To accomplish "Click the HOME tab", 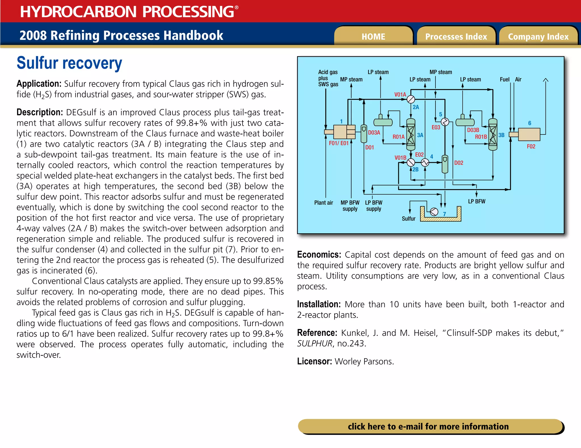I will pyautogui.click(x=373, y=37).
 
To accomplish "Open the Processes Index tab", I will pyautogui.click(x=456, y=37).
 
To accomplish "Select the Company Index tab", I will pyautogui.click(x=538, y=37).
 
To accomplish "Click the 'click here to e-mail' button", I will pyautogui.click(x=428, y=426).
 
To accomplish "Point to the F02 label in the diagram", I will pyautogui.click(x=531, y=146).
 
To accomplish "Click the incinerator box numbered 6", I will pyautogui.click(x=529, y=135).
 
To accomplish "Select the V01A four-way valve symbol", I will pyautogui.click(x=411, y=99).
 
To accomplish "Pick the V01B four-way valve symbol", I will pyautogui.click(x=411, y=162).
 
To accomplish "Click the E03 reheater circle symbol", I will pyautogui.click(x=445, y=122).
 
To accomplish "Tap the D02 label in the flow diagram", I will pyautogui.click(x=458, y=163).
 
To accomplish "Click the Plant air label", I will pyautogui.click(x=323, y=203).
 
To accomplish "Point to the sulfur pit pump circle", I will pyautogui.click(x=434, y=212).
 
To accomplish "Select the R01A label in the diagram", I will pyautogui.click(x=398, y=137).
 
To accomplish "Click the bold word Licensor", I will pyautogui.click(x=314, y=361).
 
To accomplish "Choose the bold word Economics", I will pyautogui.click(x=319, y=255).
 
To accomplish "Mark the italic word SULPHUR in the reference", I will pyautogui.click(x=315, y=344).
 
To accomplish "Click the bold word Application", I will pyautogui.click(x=39, y=84).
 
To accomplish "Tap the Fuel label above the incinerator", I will pyautogui.click(x=504, y=80).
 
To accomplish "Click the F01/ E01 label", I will pyautogui.click(x=339, y=143).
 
